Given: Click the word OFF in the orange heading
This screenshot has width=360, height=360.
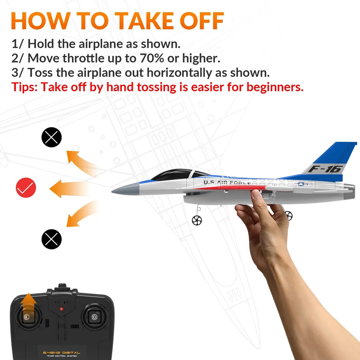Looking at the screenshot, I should coord(202,21).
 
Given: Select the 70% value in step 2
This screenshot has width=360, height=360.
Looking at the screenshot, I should coord(152,58).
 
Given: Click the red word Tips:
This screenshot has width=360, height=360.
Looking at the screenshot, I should coord(25,87).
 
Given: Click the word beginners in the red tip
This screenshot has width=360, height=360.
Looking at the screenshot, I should coord(274,87).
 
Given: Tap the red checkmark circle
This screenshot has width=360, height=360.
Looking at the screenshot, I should coord(26,188).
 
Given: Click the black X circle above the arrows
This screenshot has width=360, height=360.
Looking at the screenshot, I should coord(52,137).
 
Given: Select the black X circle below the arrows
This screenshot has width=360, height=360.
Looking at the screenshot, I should coord(52,239).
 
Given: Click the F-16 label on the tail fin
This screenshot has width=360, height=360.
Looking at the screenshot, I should coord(325,169).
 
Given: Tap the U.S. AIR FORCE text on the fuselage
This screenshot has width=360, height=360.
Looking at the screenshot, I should coord(227,182).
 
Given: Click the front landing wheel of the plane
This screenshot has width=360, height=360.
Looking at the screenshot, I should coord(197,220).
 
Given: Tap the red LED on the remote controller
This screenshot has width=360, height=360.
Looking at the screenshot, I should coord(61,309).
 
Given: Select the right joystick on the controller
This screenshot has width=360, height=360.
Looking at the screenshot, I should coord(94,317).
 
